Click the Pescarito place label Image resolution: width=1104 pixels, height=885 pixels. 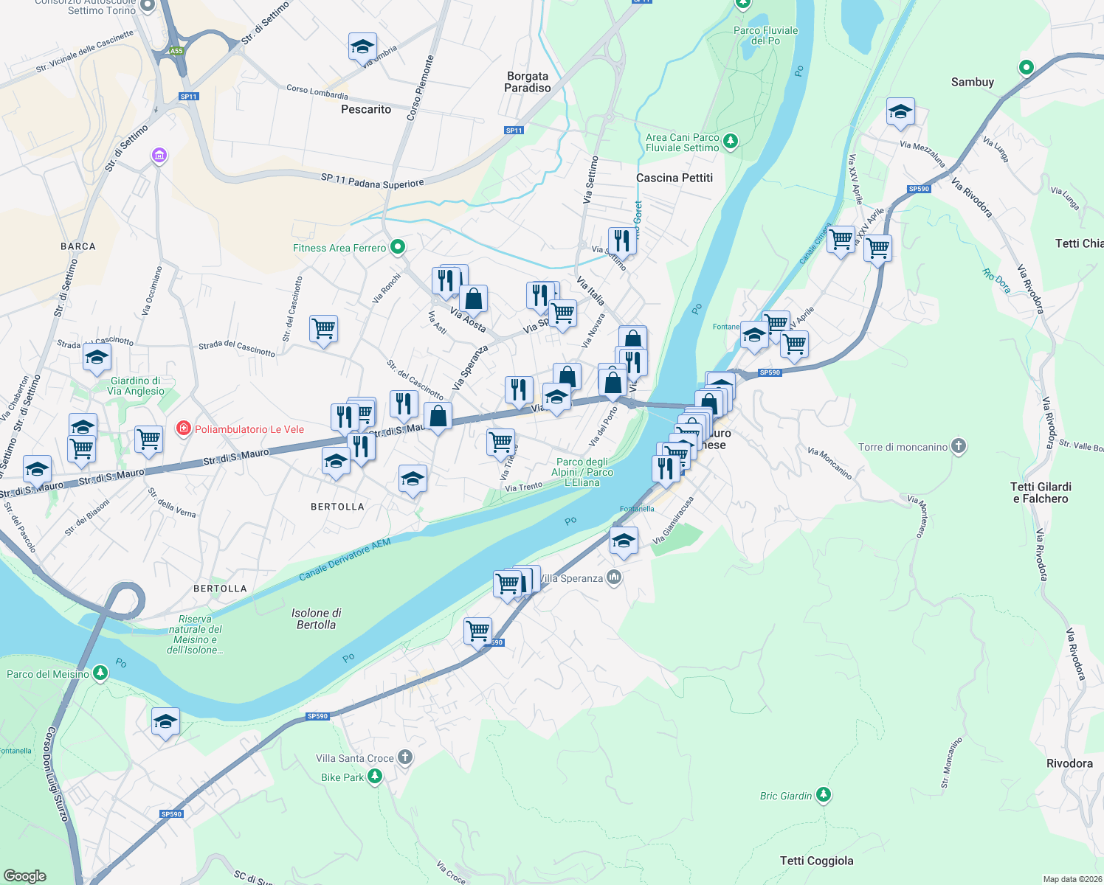click(366, 109)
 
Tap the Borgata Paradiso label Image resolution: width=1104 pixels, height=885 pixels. click(527, 82)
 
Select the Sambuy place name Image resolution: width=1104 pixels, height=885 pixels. click(972, 82)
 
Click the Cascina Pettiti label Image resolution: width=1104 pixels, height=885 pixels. click(675, 178)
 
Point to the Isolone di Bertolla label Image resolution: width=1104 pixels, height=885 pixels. click(316, 619)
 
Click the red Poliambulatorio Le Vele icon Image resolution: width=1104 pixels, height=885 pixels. click(183, 428)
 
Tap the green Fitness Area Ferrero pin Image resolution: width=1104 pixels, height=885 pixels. click(398, 247)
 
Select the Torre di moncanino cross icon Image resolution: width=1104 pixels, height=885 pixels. click(958, 446)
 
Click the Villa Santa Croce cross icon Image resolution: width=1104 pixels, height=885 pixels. click(404, 757)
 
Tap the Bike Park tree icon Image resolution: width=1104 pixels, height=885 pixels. click(375, 777)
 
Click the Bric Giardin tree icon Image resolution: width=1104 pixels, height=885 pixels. click(823, 795)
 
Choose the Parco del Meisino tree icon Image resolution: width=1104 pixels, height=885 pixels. click(100, 673)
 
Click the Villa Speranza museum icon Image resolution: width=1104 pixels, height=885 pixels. click(613, 577)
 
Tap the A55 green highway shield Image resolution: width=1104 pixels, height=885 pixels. click(176, 51)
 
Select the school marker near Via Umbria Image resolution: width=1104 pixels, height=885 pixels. click(362, 47)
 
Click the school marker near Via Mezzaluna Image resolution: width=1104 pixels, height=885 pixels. click(900, 112)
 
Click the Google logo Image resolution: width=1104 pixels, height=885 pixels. click(25, 875)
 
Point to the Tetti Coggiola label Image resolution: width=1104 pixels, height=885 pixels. click(816, 861)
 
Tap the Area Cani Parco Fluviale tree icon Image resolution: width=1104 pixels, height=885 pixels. click(730, 141)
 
